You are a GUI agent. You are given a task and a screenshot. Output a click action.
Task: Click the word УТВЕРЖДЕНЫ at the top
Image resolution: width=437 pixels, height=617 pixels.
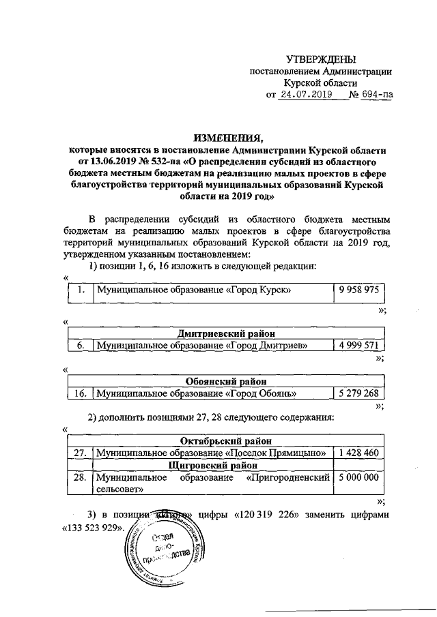click(x=320, y=61)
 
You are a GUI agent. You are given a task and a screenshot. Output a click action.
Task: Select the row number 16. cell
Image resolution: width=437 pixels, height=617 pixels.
click(x=80, y=393)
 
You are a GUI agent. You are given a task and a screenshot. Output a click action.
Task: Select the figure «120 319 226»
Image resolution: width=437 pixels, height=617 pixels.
click(x=266, y=514)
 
